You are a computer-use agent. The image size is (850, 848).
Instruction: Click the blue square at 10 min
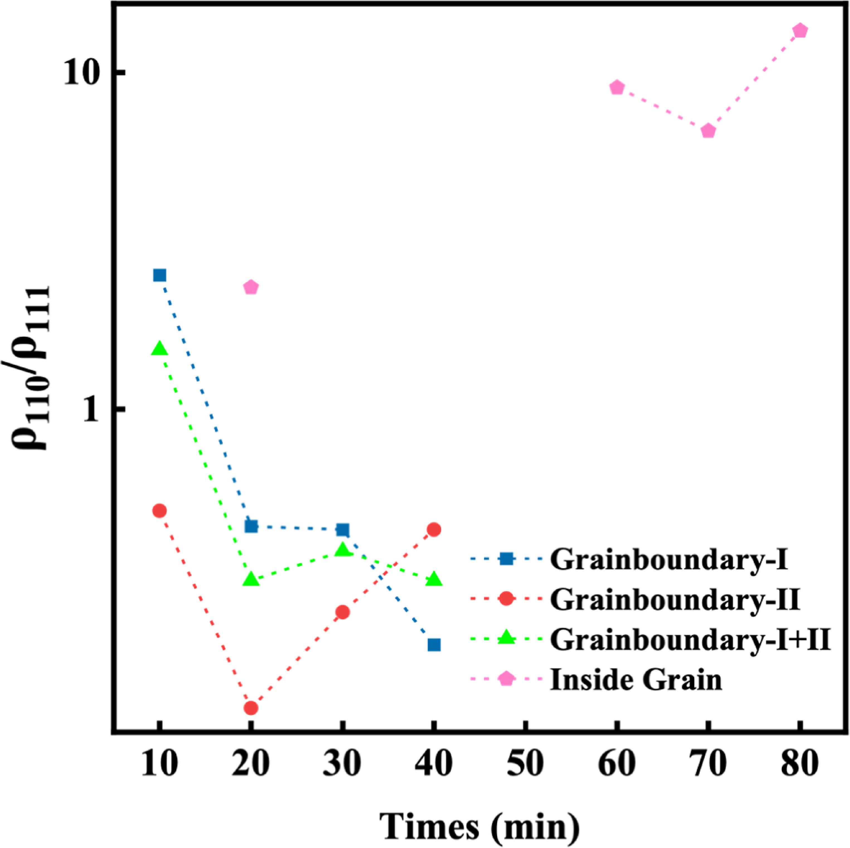click(160, 275)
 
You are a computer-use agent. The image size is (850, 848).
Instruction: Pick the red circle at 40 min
click(434, 529)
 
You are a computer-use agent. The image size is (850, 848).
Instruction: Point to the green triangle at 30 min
click(343, 549)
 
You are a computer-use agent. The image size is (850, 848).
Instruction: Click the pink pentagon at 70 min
click(708, 131)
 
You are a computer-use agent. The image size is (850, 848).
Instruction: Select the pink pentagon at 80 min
click(800, 31)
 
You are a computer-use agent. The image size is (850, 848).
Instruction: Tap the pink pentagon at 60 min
click(617, 87)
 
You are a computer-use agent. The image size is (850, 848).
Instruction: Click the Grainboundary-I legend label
click(669, 559)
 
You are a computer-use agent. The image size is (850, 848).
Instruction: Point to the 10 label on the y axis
click(81, 72)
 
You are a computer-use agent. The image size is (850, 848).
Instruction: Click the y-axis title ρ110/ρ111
click(31, 368)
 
